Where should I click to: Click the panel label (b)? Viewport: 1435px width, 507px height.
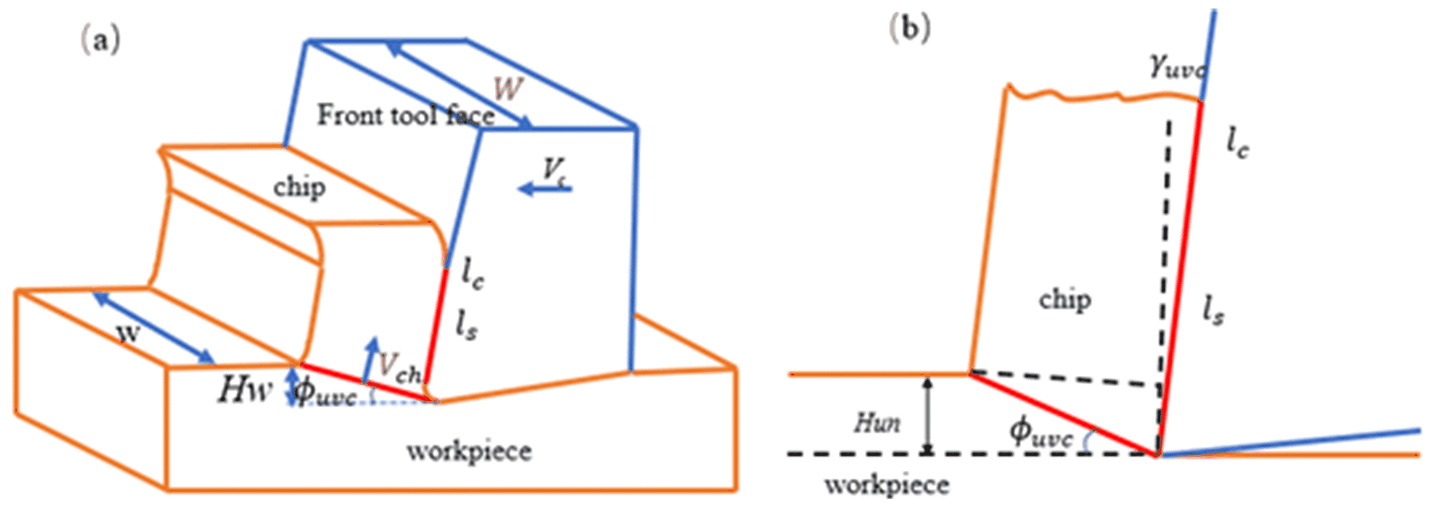tap(910, 28)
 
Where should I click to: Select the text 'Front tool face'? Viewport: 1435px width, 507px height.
tap(406, 114)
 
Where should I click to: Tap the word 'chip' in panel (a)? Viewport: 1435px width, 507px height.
tap(299, 187)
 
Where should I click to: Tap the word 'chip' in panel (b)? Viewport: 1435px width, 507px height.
tap(1065, 300)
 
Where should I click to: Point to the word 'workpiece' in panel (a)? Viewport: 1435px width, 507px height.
tap(469, 451)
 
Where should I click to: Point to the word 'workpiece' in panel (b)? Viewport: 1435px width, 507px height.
tap(887, 484)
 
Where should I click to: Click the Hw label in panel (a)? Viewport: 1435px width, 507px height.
tap(244, 390)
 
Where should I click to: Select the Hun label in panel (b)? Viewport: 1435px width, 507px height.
tap(878, 422)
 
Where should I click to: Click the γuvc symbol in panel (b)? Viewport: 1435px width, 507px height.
tap(1177, 67)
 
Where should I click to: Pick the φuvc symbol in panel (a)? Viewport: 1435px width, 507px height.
tap(325, 393)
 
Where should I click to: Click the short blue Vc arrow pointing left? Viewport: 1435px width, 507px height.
tap(545, 188)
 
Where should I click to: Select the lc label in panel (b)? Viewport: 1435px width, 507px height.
tap(1236, 144)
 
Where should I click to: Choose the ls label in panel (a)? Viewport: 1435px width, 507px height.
tap(466, 324)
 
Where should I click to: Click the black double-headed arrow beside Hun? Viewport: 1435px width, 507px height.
tap(927, 415)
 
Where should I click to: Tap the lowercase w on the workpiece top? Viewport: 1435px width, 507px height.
tap(128, 333)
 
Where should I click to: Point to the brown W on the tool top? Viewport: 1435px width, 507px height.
tap(508, 89)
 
